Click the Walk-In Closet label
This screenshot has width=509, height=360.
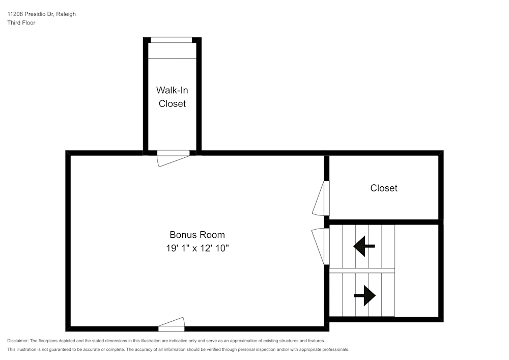tap(172, 97)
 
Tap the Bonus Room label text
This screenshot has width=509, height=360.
tap(197, 235)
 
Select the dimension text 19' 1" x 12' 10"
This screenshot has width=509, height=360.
tap(197, 248)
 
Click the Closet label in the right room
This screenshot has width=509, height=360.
tap(384, 188)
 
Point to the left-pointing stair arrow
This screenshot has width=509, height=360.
tap(364, 246)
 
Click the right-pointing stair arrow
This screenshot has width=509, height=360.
tap(365, 295)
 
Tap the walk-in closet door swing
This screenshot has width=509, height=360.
tap(174, 158)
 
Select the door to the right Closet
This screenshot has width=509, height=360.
tap(321, 198)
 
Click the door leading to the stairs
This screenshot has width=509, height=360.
tap(320, 246)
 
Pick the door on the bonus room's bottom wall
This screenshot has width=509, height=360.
tap(172, 325)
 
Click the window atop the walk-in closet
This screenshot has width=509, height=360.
tap(171, 40)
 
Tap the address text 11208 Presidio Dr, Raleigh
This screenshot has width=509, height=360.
tap(42, 14)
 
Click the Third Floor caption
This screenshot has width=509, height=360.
tap(21, 23)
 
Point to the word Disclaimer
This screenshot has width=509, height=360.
tap(17, 341)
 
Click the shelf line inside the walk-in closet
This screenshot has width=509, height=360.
tap(173, 59)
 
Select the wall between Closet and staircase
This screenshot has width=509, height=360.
tap(384, 222)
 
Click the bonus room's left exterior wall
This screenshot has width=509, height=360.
tap(68, 241)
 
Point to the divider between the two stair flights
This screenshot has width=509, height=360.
tap(362, 270)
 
